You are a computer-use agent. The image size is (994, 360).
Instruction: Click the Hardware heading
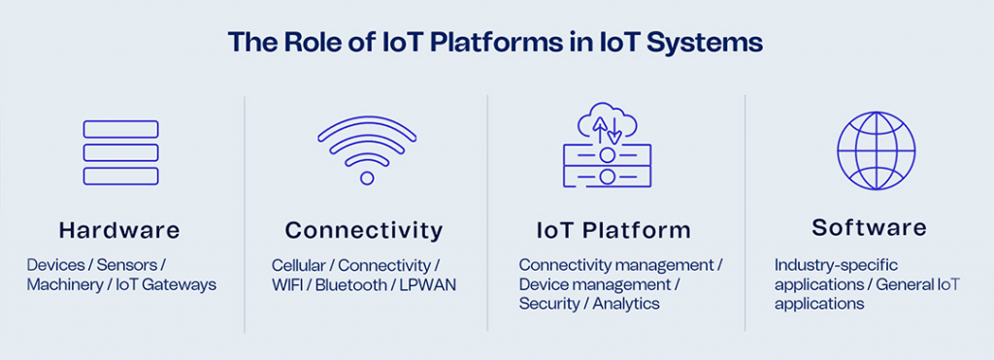(x=119, y=230)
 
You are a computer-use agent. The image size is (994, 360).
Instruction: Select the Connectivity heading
(x=364, y=230)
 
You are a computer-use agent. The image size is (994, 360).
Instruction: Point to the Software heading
(x=869, y=227)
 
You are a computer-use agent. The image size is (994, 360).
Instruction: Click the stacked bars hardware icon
(x=120, y=152)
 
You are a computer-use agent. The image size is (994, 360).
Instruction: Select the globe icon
(x=877, y=150)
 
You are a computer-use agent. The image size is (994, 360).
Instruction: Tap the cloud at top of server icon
(x=607, y=123)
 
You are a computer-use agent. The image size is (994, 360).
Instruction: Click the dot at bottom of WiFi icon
(x=367, y=178)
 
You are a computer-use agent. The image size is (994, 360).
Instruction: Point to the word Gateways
(x=182, y=284)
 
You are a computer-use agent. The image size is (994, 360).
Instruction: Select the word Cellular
(x=299, y=265)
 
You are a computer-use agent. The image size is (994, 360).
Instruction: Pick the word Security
(x=549, y=304)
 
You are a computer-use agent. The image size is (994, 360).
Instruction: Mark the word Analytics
(x=626, y=304)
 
